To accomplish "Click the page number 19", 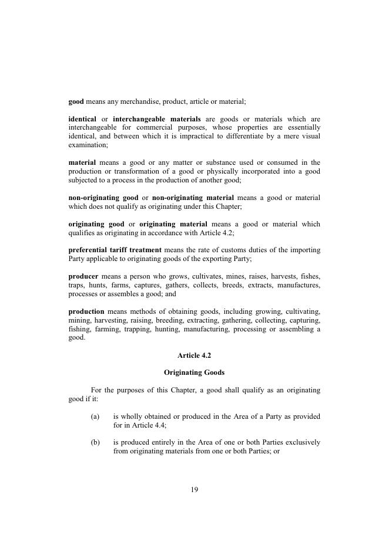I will [x=194, y=490].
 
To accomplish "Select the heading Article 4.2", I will [x=194, y=355].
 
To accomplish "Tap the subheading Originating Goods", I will [x=194, y=372].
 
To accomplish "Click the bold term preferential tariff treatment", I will [x=115, y=249].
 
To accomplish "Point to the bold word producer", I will [x=83, y=276].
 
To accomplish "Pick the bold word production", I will [x=86, y=311].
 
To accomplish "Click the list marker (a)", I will [x=95, y=416].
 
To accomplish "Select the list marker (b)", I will [x=95, y=442].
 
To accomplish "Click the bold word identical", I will [x=82, y=118].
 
